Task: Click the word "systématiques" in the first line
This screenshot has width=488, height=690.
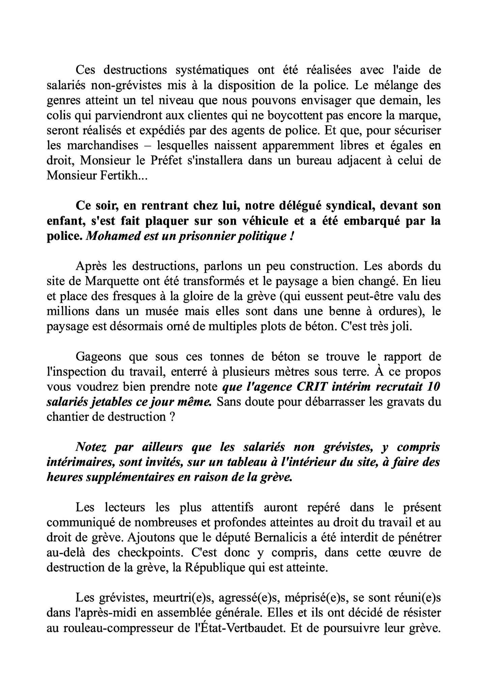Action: pos(212,70)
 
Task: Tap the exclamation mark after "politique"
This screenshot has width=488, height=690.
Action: pos(291,236)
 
